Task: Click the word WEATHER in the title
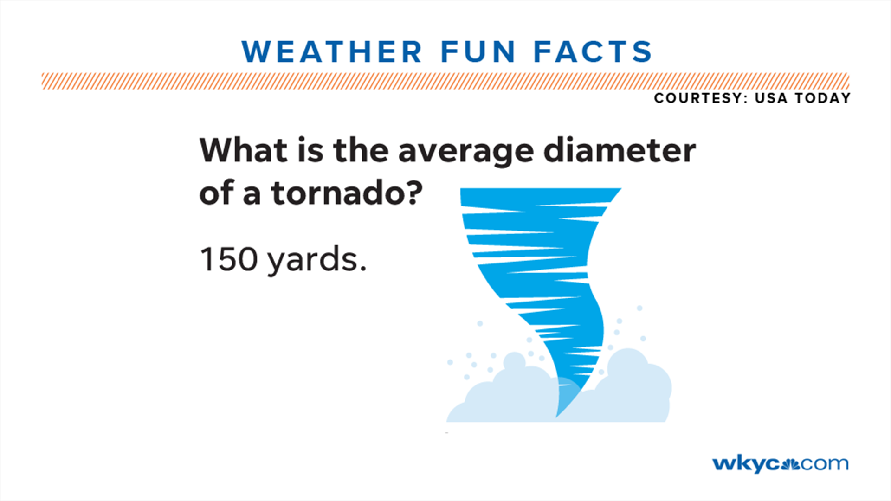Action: coord(332,51)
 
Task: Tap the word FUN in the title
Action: coord(478,51)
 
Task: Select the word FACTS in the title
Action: coord(593,51)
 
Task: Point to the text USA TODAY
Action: coord(803,98)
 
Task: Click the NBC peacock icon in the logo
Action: coord(790,464)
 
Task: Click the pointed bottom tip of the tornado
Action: coord(558,415)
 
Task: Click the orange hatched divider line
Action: coord(445,81)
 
